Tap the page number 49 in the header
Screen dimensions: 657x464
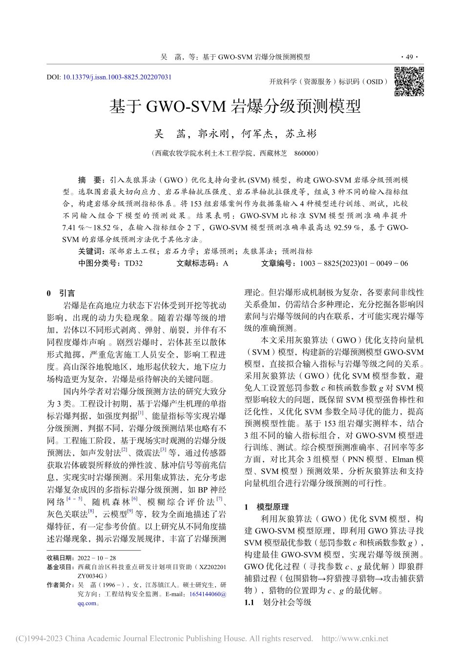pyautogui.click(x=409, y=57)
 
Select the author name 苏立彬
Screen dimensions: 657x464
pyautogui.click(x=301, y=134)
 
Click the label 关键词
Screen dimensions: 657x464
pyautogui.click(x=91, y=251)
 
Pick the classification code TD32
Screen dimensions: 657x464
pyautogui.click(x=134, y=263)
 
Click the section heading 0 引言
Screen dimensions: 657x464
pyautogui.click(x=61, y=293)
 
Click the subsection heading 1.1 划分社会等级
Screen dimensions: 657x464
pyautogui.click(x=277, y=602)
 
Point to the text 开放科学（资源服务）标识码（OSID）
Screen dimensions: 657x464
pyautogui.click(x=329, y=82)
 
